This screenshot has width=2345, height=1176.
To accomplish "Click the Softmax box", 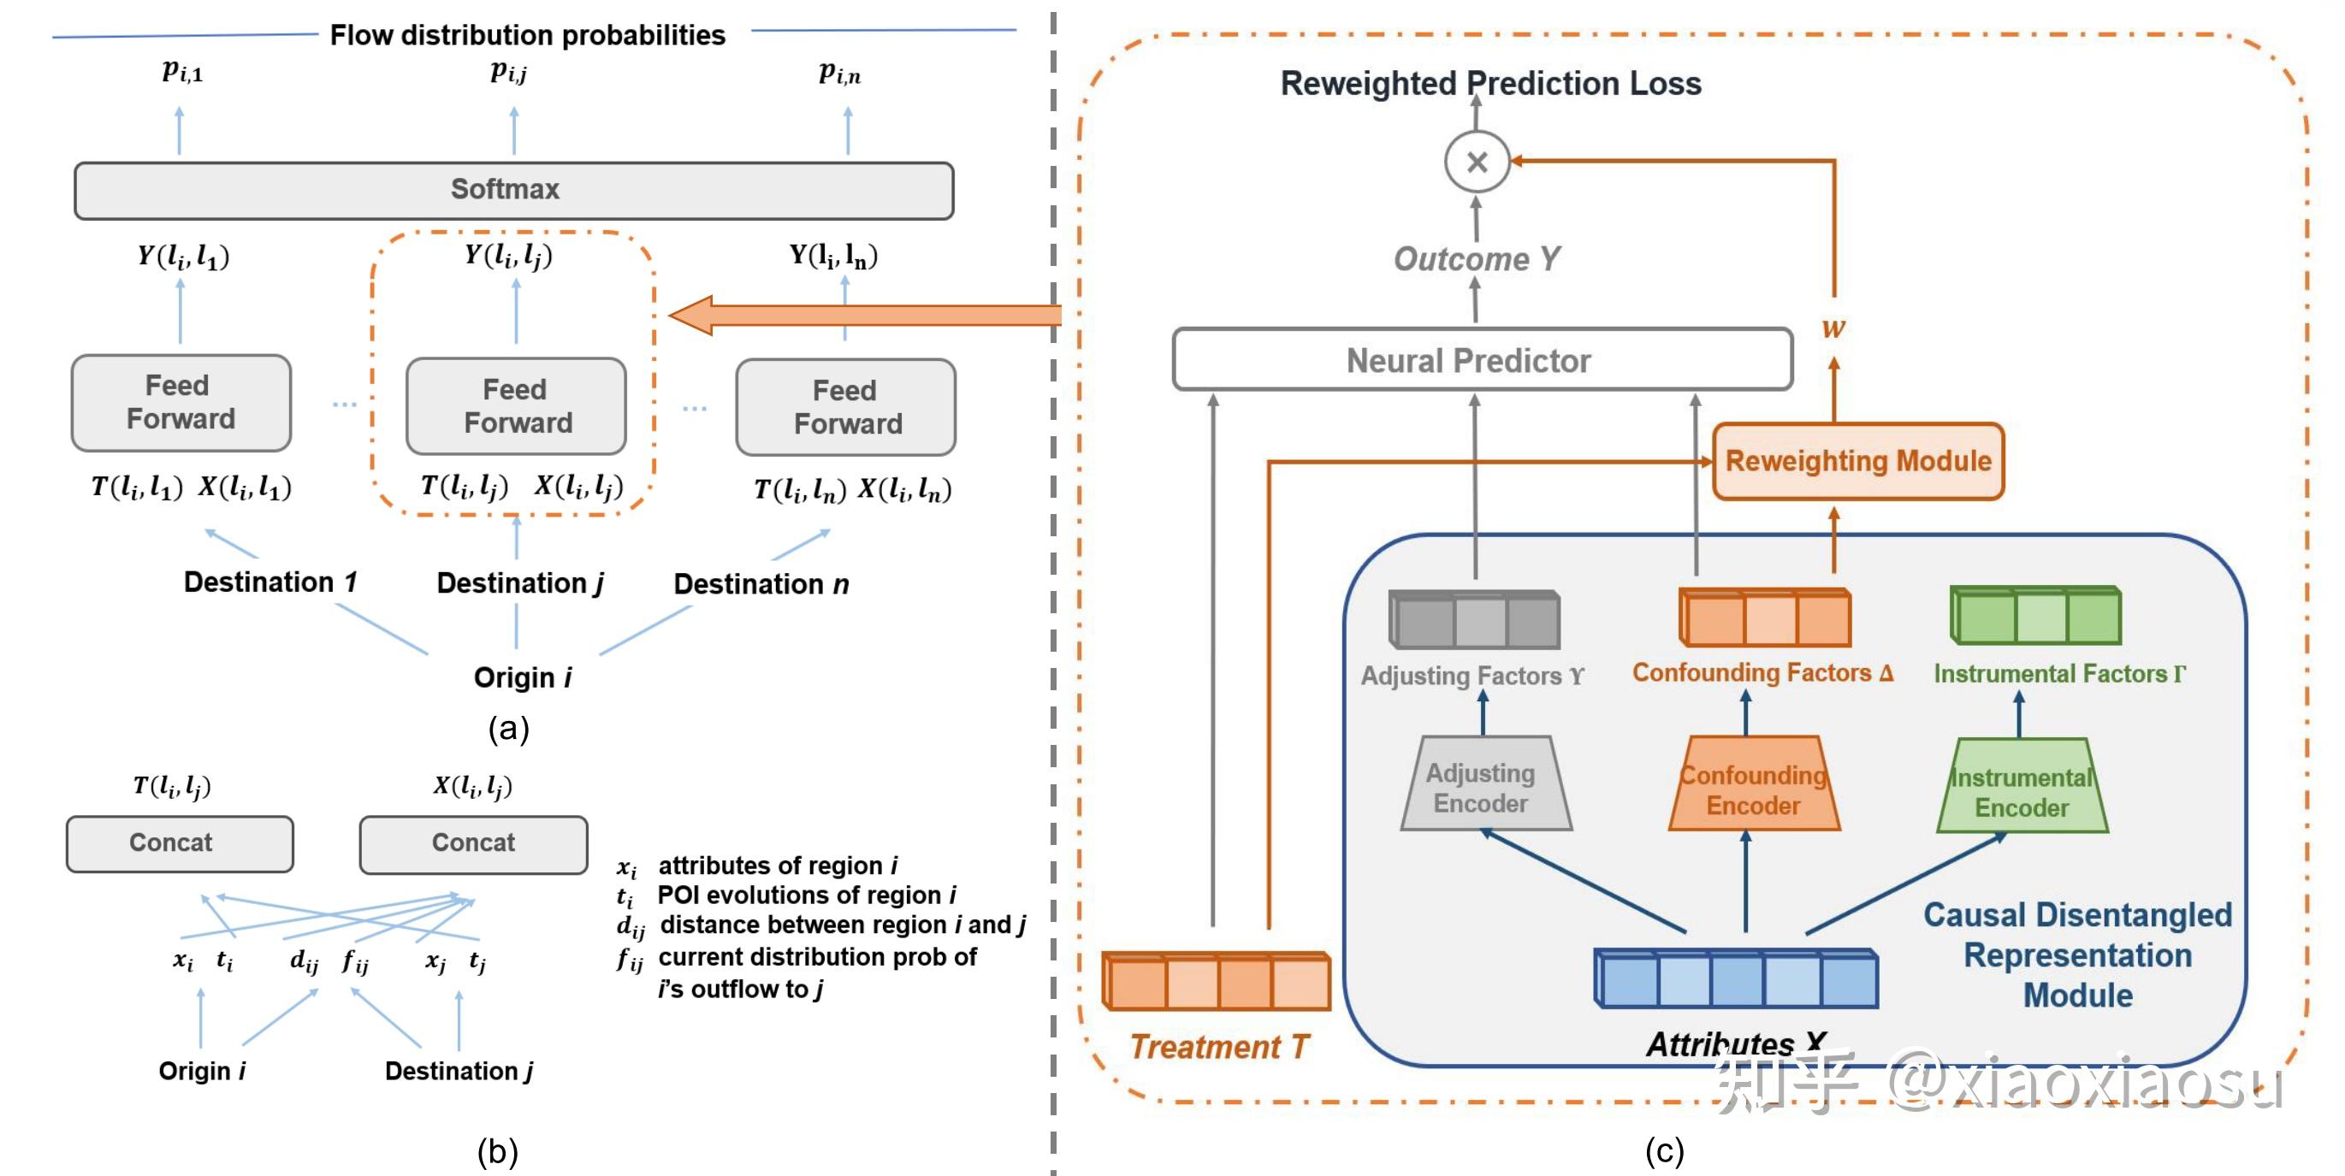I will pyautogui.click(x=513, y=190).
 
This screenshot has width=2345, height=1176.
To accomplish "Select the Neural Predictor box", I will pyautogui.click(x=1481, y=360).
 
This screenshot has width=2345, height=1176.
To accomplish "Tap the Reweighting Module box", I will pyautogui.click(x=1857, y=462).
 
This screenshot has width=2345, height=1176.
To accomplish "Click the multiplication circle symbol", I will pyautogui.click(x=1477, y=162).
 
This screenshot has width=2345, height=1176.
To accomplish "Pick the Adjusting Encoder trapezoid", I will pyautogui.click(x=1484, y=785).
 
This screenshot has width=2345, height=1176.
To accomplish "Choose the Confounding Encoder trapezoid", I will pyautogui.click(x=1753, y=788).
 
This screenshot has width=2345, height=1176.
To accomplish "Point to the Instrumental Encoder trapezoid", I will pyautogui.click(x=2021, y=789).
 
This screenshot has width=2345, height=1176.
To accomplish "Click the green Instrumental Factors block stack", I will pyautogui.click(x=2034, y=616).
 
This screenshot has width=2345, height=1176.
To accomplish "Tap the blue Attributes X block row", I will pyautogui.click(x=1735, y=978).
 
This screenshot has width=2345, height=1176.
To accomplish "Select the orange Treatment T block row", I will pyautogui.click(x=1216, y=981).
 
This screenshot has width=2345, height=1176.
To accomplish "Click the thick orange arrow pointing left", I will pyautogui.click(x=865, y=315).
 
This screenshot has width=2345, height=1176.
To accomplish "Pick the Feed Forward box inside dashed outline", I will pyautogui.click(x=516, y=406).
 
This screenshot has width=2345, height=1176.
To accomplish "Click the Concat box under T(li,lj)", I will pyautogui.click(x=180, y=842).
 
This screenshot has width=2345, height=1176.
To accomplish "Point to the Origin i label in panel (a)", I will pyautogui.click(x=523, y=677).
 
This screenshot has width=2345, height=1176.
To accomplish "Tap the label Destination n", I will pyautogui.click(x=761, y=583).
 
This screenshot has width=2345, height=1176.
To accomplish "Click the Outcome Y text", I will pyautogui.click(x=1477, y=259).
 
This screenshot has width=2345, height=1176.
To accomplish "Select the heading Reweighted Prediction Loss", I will pyautogui.click(x=1490, y=84).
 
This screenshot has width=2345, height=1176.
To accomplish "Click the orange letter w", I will pyautogui.click(x=1833, y=328).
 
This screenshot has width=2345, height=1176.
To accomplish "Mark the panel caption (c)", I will pyautogui.click(x=1663, y=1150).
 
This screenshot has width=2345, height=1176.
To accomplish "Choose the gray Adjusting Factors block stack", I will pyautogui.click(x=1474, y=620).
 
